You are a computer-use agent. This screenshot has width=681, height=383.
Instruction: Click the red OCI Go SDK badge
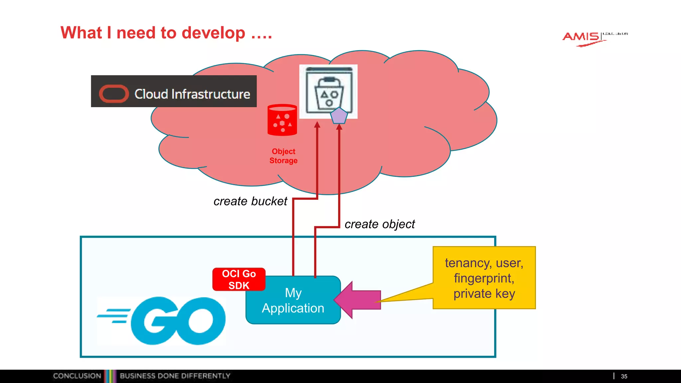point(239,279)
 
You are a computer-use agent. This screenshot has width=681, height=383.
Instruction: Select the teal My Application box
point(293,300)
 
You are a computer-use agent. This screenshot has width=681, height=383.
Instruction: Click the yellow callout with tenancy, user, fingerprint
point(484,278)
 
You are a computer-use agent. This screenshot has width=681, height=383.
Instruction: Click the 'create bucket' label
point(250,201)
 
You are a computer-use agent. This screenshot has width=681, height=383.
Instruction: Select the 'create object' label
point(379,224)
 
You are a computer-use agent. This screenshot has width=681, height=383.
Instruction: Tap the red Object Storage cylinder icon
point(282,120)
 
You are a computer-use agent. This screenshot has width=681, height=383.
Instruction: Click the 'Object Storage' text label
point(283,156)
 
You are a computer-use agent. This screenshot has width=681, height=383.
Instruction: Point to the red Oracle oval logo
point(114,94)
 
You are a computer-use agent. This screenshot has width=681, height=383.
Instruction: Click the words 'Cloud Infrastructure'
point(192,94)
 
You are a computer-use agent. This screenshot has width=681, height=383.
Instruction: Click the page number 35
point(624,376)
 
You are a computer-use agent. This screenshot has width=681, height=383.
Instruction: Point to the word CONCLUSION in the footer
point(77,376)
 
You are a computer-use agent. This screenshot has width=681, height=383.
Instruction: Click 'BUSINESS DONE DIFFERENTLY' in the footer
point(175,376)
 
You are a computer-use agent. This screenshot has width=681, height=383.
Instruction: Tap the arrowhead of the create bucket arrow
point(317,125)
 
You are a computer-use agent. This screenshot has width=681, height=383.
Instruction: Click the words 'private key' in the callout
point(484,294)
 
